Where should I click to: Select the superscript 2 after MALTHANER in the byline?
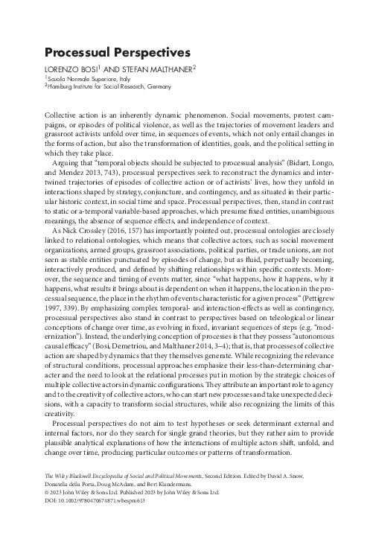[x=194, y=66]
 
